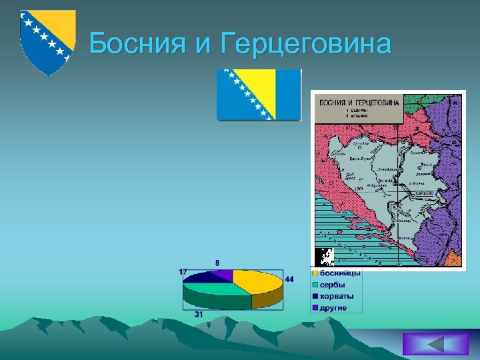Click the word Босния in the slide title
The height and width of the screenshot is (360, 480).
(141, 44)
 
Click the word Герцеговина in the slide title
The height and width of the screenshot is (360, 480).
(303, 44)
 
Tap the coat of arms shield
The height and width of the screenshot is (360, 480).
(46, 41)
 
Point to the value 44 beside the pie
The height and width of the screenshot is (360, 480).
(289, 279)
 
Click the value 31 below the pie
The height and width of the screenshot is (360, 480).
(199, 314)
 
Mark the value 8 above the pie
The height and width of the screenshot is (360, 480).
(217, 263)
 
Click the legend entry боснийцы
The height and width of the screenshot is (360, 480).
(340, 273)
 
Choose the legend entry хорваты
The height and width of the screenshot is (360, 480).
(337, 296)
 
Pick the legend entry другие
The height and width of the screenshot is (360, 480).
(333, 307)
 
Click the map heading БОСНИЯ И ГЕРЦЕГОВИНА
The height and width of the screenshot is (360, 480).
(359, 103)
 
